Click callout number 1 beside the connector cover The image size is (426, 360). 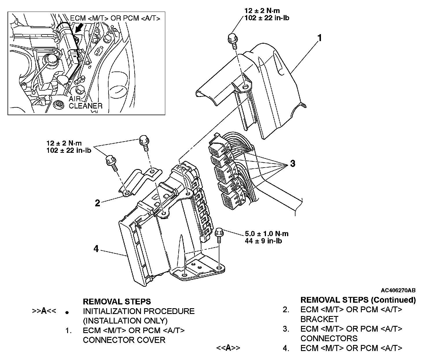319,38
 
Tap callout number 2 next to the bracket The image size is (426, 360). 98,203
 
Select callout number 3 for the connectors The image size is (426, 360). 293,164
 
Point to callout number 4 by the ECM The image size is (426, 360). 96,249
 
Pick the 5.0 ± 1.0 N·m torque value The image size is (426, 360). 267,234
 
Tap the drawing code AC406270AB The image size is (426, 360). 398,290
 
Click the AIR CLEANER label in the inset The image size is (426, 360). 85,102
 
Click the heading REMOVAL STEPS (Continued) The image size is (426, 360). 358,300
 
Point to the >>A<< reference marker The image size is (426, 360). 44,311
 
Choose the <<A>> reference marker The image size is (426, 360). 228,348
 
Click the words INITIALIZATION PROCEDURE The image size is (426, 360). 139,311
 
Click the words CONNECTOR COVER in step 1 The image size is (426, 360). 124,340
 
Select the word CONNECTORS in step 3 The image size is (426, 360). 329,338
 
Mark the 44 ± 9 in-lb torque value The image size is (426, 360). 263,241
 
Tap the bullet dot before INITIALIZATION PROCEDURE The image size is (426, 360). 67,313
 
